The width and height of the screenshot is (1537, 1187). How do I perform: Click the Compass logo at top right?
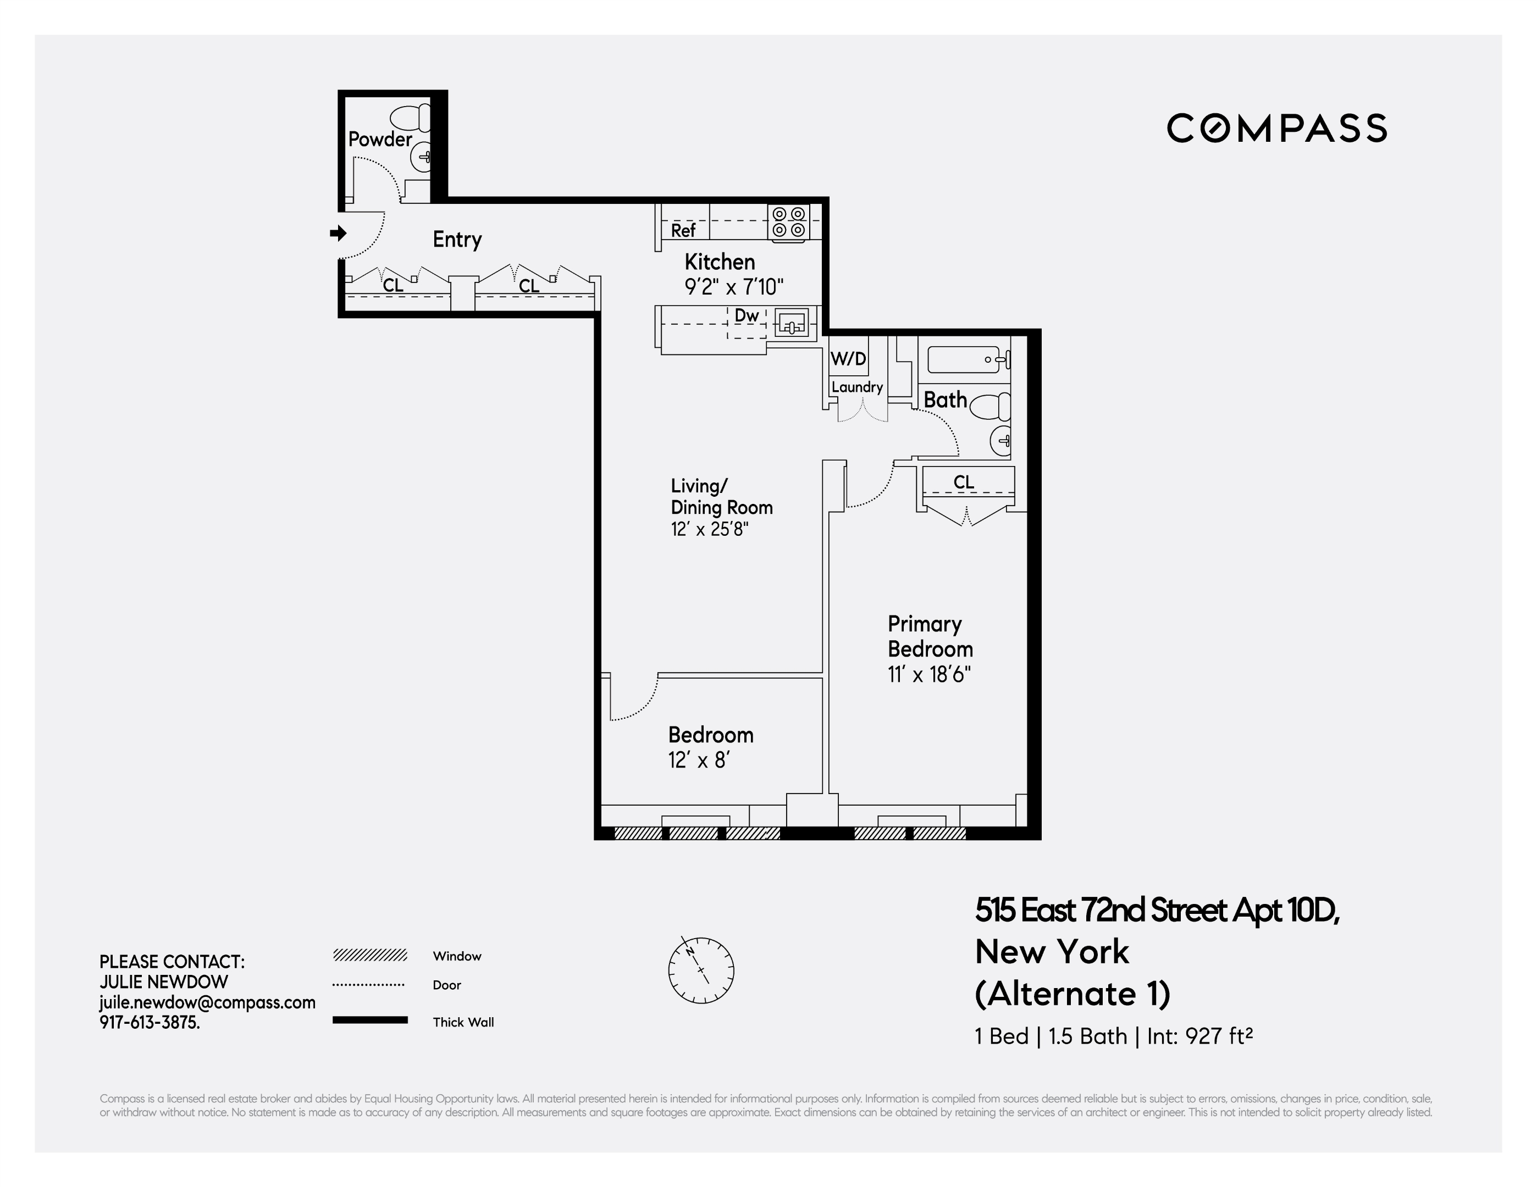click(x=1276, y=128)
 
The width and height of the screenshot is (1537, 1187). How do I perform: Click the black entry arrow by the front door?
click(x=339, y=233)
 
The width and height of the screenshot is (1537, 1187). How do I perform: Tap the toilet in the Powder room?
click(x=410, y=118)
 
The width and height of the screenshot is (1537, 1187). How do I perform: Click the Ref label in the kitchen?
click(x=683, y=230)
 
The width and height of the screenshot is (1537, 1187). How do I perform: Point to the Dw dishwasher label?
click(x=746, y=315)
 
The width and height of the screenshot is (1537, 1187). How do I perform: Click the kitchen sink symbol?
click(x=792, y=324)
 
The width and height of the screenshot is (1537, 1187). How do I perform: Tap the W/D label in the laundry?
click(x=848, y=359)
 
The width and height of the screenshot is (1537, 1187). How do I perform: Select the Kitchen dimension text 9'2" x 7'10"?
click(x=733, y=287)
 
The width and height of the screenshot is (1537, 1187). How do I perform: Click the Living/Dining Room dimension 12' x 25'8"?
click(x=709, y=529)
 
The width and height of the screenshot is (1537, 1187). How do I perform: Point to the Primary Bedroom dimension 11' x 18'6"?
click(x=929, y=674)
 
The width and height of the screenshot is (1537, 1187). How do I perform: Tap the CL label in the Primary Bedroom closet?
click(x=964, y=482)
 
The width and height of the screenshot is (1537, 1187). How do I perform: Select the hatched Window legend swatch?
click(x=369, y=955)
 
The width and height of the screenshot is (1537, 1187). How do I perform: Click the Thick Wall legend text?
click(x=463, y=1022)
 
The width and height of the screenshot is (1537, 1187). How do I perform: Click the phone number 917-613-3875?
click(x=149, y=1022)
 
